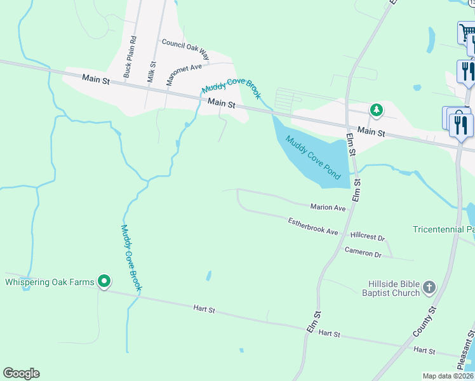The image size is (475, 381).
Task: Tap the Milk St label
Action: [x=152, y=71]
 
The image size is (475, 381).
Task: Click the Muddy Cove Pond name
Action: [x=314, y=157]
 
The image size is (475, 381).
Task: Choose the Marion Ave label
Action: [x=328, y=208]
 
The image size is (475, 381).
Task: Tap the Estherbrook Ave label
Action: [x=313, y=227]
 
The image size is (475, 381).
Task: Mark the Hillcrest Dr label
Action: [x=368, y=237]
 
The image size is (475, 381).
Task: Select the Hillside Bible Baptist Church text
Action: [x=391, y=288]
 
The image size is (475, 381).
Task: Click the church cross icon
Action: [x=429, y=288]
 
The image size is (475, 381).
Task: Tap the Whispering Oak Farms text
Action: [x=50, y=282]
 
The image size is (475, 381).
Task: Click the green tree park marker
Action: [x=377, y=110]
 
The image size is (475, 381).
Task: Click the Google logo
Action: [x=21, y=373]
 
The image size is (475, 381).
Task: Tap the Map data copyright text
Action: [x=448, y=376]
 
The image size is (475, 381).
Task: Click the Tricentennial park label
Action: [x=443, y=229]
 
